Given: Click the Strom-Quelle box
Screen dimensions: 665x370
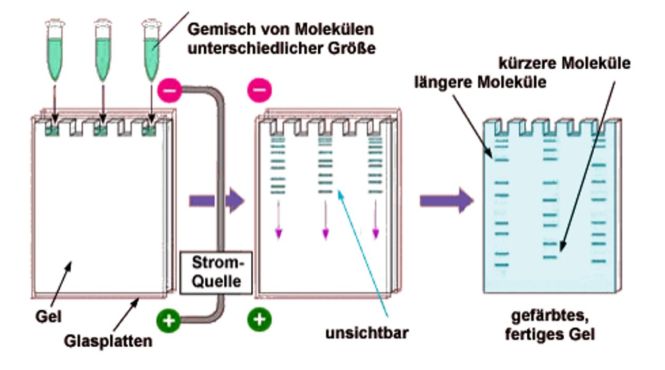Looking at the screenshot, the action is coord(216,273).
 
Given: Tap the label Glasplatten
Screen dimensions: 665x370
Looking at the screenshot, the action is coord(108,341).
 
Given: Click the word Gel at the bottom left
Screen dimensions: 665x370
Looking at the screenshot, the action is coord(49,317).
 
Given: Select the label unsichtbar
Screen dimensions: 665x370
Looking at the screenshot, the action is coord(367,333).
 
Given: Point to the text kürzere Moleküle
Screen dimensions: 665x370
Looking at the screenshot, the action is coord(564,63).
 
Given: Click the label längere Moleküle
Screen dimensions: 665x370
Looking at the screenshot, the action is coord(480,82).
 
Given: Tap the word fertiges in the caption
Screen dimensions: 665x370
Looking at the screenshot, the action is coord(533,335).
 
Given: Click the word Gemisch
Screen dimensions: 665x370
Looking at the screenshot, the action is coord(222,30).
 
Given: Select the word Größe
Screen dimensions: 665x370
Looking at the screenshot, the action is coord(351,49).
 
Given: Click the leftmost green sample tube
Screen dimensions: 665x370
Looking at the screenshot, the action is coord(55,50).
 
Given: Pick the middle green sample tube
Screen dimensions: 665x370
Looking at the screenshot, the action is coord(103,50).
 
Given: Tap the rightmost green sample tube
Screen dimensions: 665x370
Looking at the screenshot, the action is coord(151,50).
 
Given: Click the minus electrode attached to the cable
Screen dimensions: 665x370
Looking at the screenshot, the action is coord(169,90).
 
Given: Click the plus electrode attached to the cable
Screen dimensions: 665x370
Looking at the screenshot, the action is coord(169,320).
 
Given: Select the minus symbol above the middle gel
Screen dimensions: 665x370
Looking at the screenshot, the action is coord(260,90).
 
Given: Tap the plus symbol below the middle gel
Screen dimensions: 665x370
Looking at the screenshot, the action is coord(260,319).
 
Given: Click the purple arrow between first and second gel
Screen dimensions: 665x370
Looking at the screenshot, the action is coord(216,201).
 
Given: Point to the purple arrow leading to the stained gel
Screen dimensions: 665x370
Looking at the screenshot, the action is coord(446,200).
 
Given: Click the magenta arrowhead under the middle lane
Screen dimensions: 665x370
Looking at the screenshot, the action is coord(326,234).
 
